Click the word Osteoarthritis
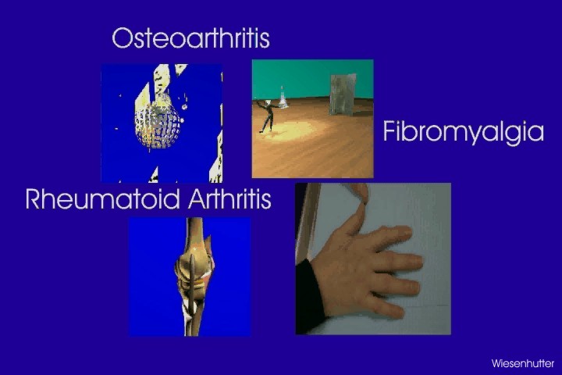(x=190, y=37)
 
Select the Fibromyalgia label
(x=463, y=132)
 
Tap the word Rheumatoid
(x=102, y=198)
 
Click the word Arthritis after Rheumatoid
(x=229, y=198)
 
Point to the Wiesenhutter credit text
(x=522, y=363)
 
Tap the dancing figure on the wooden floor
(x=267, y=116)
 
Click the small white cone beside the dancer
(x=283, y=97)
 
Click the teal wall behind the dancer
(x=311, y=78)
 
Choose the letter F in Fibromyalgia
(x=389, y=131)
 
